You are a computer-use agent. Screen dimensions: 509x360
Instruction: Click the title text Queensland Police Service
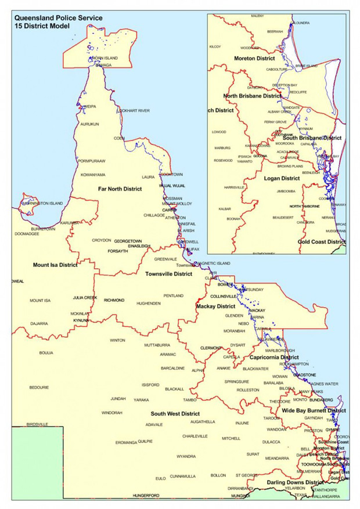(x=58, y=18)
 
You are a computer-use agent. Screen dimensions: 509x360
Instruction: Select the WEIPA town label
(x=89, y=107)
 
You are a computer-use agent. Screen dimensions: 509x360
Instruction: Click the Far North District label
(x=120, y=189)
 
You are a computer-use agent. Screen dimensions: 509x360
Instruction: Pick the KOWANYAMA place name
(x=93, y=175)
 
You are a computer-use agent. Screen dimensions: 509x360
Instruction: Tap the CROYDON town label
(x=101, y=240)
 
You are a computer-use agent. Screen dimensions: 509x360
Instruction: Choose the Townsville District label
(x=168, y=273)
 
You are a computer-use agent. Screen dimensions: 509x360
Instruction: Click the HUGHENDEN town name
(x=149, y=304)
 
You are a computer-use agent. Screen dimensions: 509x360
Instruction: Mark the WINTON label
(x=117, y=340)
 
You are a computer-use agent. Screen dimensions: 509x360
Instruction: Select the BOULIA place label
(x=46, y=352)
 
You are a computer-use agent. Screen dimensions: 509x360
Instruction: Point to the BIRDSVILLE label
(x=38, y=424)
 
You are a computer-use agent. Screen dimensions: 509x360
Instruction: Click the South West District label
(x=175, y=414)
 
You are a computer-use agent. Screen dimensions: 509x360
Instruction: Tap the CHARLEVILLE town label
(x=195, y=436)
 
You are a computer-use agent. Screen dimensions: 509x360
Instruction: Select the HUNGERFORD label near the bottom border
(x=146, y=496)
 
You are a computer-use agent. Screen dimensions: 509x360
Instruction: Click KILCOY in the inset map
(x=215, y=47)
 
